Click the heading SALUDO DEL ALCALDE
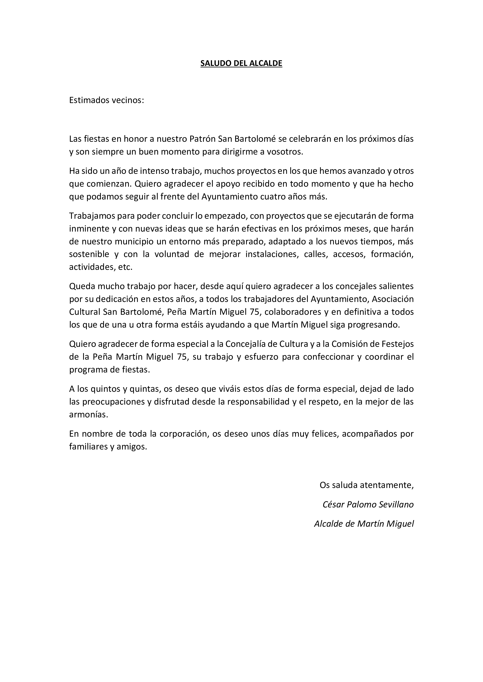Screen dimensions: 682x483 tap(241, 64)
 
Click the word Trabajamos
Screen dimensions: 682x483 tap(92, 216)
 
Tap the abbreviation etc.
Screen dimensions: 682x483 tap(125, 267)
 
